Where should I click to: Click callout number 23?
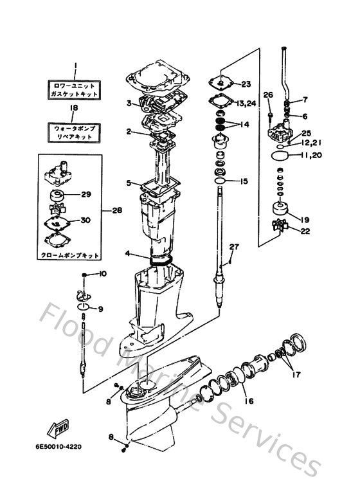tap(246, 84)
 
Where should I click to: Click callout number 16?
tap(248, 401)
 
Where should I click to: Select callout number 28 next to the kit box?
tap(116, 210)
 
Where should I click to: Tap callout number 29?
tap(87, 194)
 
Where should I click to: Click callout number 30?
tap(85, 220)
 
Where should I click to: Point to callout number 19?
tap(304, 218)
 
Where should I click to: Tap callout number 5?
tap(129, 183)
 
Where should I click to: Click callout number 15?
tap(244, 181)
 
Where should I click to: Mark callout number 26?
tap(268, 95)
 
